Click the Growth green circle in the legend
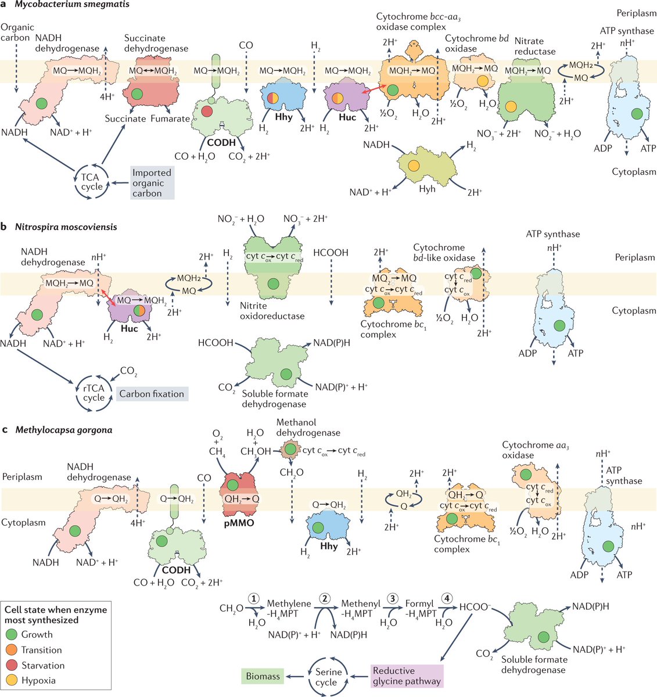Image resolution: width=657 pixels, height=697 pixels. click(12, 634)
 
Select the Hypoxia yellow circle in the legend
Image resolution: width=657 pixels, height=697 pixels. click(12, 680)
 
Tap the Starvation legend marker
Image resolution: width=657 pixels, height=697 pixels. click(12, 665)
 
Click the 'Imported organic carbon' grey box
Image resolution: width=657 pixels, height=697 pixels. click(152, 183)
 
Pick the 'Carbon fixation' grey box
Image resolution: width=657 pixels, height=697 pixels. click(152, 394)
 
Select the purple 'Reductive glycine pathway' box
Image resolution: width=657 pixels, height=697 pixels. click(407, 676)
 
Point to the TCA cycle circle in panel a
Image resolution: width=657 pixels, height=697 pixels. click(92, 182)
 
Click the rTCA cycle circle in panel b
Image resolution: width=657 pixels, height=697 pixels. click(94, 393)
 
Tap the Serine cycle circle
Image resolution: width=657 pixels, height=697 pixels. click(328, 677)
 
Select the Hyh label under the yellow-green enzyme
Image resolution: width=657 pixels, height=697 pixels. click(427, 189)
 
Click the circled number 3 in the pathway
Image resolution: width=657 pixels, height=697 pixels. click(394, 598)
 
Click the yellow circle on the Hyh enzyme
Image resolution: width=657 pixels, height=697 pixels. click(414, 166)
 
